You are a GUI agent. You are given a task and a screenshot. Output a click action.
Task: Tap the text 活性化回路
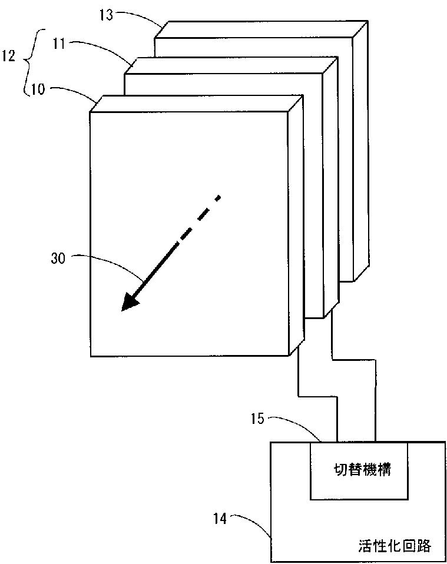point(394,546)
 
